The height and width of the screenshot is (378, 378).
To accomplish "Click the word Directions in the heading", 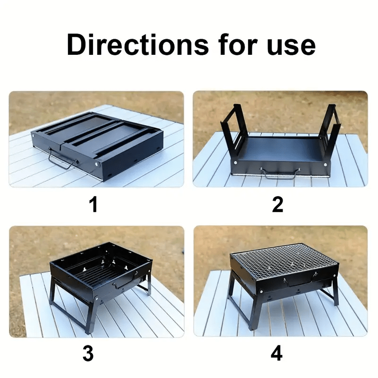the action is coord(137,45).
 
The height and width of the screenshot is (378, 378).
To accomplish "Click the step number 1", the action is coord(93,204).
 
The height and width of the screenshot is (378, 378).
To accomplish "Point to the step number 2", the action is coord(277,204).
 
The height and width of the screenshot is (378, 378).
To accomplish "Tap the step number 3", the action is coord(88,353).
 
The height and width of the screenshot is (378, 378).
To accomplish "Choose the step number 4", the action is coord(277,353).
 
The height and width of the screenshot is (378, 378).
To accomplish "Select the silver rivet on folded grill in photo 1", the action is coord(97,164).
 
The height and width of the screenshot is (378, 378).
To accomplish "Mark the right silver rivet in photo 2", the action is coord(325,164).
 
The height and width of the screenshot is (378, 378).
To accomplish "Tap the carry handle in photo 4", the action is coord(300,281).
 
